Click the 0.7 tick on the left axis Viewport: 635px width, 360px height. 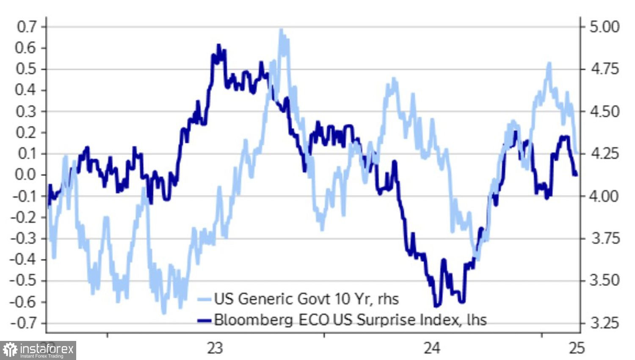26,27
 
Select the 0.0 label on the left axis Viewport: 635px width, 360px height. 26,175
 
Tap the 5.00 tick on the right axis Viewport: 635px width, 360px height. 604,27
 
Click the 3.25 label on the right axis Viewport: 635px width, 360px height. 604,323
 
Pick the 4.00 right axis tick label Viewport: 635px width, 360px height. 604,196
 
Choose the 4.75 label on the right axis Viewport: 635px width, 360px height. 604,69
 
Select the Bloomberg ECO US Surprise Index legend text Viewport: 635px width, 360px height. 350,319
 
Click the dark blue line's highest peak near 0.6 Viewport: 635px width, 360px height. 218,45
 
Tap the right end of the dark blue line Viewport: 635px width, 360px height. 576,174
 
